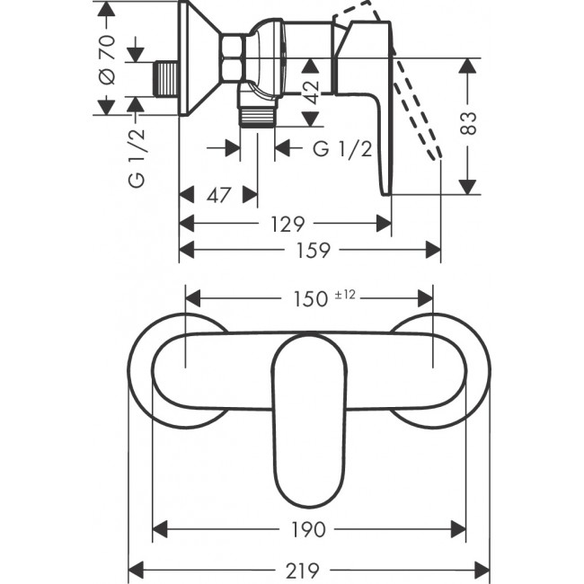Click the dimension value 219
point(310,569)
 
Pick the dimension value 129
point(286,223)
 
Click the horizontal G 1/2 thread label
point(342,149)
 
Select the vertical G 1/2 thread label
point(136,156)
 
